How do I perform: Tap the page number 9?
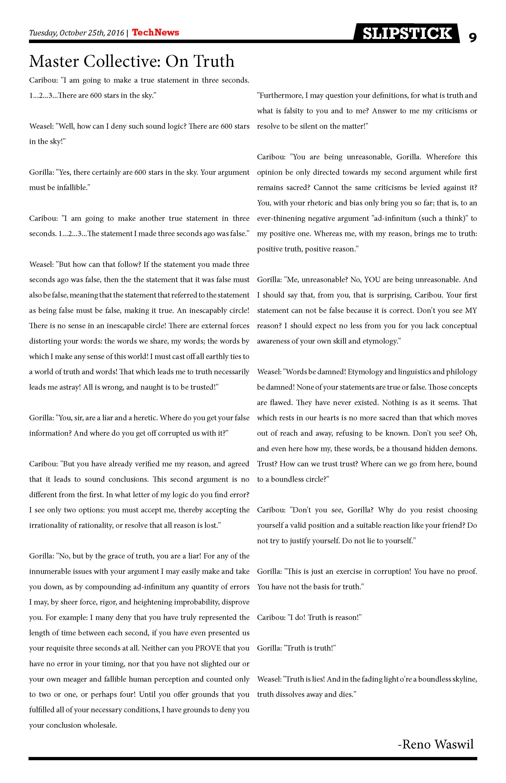point(472,38)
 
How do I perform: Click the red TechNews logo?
point(155,32)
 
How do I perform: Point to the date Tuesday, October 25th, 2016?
point(77,33)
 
